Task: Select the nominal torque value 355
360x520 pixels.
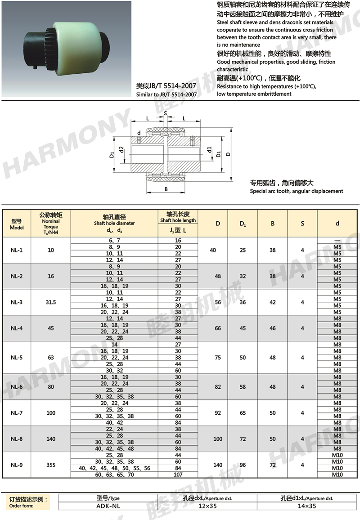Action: pyautogui.click(x=51, y=465)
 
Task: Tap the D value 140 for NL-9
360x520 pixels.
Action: pyautogui.click(x=218, y=465)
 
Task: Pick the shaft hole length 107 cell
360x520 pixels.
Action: pyautogui.click(x=178, y=475)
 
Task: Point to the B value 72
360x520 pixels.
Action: pyautogui.click(x=273, y=465)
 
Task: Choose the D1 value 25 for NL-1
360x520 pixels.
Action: pyautogui.click(x=243, y=250)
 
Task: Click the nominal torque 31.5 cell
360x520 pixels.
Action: pyautogui.click(x=51, y=302)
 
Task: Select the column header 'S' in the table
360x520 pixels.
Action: pyautogui.click(x=302, y=224)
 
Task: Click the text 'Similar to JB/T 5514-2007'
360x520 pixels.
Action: pyautogui.click(x=166, y=95)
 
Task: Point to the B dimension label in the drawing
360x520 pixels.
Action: pyautogui.click(x=166, y=189)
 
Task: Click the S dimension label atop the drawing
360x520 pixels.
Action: pyautogui.click(x=166, y=113)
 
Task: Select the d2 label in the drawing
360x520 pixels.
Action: pyautogui.click(x=121, y=149)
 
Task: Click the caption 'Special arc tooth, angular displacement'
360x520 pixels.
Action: pyautogui.click(x=297, y=191)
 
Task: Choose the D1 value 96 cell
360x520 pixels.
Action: pyautogui.click(x=243, y=465)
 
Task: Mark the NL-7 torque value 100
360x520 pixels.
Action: pyautogui.click(x=51, y=412)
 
